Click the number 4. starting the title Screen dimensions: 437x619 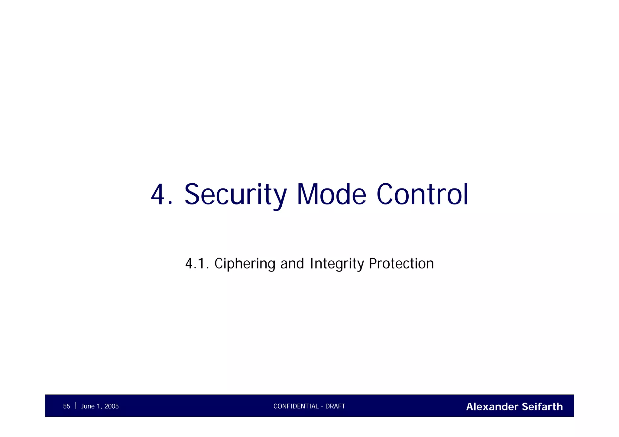tap(162, 195)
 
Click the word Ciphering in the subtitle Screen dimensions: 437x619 tap(245, 264)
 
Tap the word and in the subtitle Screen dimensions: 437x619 tap(292, 264)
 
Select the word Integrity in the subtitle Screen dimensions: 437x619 tap(337, 264)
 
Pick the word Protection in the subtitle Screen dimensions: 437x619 tap(401, 264)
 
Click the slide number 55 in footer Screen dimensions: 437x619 tap(66, 406)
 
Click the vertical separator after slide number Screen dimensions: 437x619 tap(76, 406)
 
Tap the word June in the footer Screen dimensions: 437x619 tap(88, 406)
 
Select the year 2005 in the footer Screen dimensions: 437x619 tap(112, 406)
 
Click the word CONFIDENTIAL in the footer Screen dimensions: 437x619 tap(296, 406)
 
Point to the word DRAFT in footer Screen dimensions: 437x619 tap(335, 406)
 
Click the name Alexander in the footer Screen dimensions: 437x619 tap(492, 407)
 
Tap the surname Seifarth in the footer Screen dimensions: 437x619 tap(542, 407)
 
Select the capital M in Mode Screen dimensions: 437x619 tap(307, 195)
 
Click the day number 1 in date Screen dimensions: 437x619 tap(99, 406)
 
